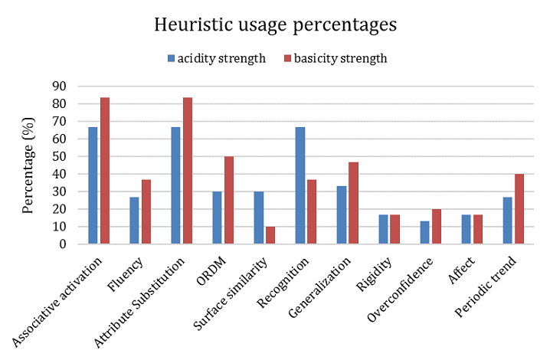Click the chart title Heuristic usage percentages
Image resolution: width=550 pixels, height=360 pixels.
click(x=275, y=25)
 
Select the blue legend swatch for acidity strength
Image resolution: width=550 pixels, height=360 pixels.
click(x=171, y=58)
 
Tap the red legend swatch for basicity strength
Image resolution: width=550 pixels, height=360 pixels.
click(x=289, y=58)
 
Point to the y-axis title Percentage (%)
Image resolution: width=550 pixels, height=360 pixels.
click(x=28, y=165)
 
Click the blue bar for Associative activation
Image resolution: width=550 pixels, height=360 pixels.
click(x=93, y=185)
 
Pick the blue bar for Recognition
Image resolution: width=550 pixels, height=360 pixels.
click(x=300, y=185)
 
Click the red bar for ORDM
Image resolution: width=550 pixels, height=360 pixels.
click(x=229, y=200)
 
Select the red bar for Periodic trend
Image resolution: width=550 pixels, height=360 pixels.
click(x=519, y=209)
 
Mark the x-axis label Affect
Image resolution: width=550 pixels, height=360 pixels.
click(x=463, y=265)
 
